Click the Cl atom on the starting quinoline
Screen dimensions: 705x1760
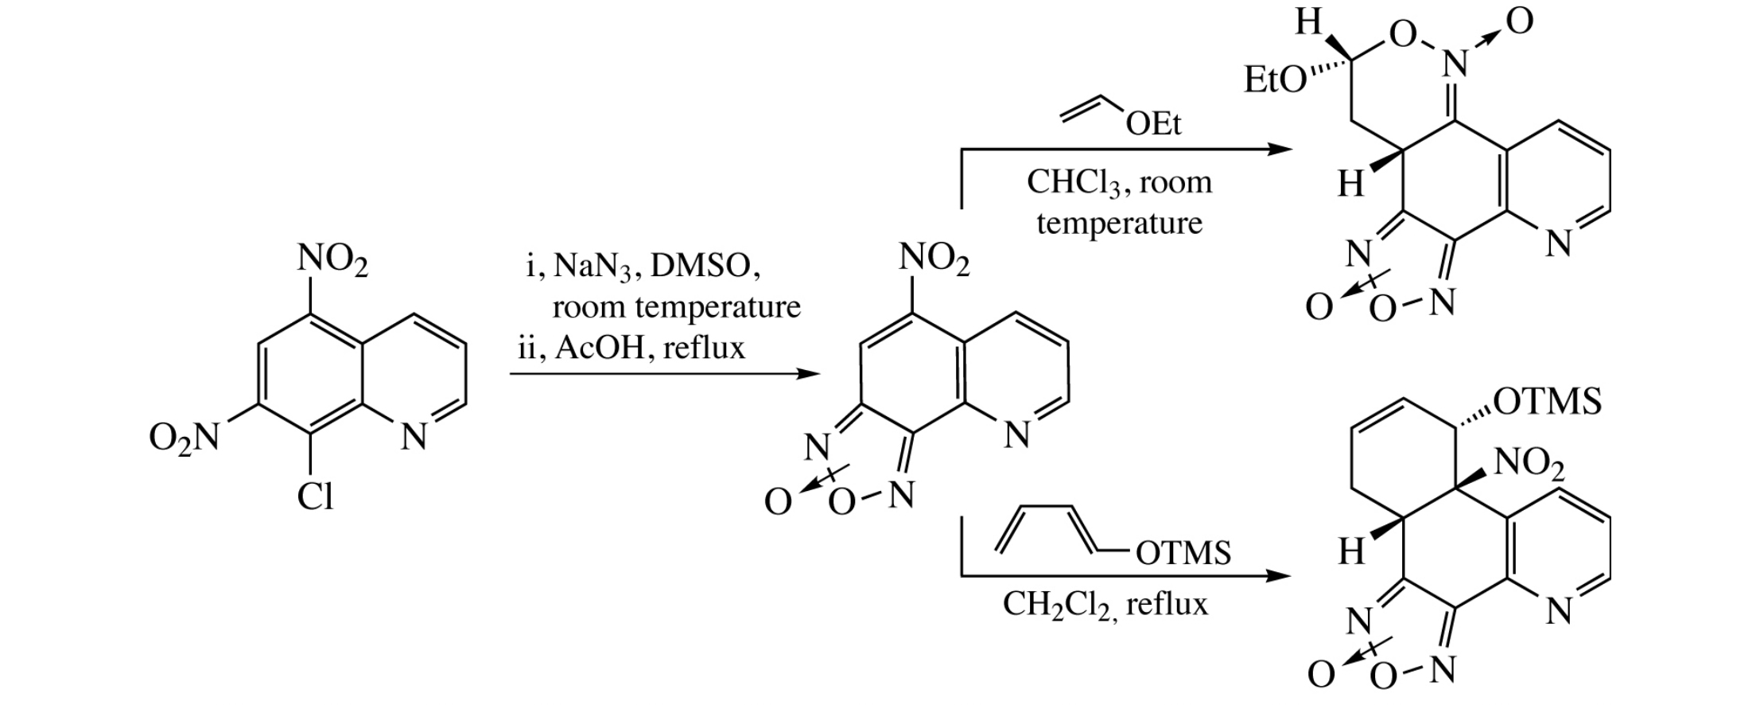pos(315,497)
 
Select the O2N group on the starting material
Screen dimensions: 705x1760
pos(184,437)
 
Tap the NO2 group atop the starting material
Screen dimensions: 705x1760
pos(332,261)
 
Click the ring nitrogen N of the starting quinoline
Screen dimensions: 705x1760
pos(414,436)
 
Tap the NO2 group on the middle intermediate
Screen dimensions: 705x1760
pos(934,260)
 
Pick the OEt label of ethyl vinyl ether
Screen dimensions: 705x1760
pos(1153,123)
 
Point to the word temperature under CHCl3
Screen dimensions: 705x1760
pos(1119,223)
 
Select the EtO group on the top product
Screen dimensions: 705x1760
pos(1274,80)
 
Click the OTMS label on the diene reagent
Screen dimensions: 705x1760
pos(1183,552)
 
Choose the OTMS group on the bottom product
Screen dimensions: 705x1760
pos(1547,402)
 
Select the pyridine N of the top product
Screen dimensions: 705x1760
pos(1559,243)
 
